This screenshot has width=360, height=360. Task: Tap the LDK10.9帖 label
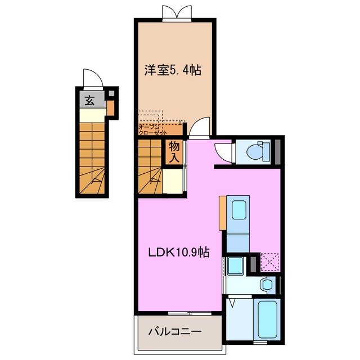(178, 253)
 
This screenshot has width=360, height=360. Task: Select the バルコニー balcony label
(174, 331)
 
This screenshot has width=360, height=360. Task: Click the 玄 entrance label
(89, 101)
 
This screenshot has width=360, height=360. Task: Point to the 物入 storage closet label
(174, 151)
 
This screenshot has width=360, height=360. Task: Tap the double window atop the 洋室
(173, 13)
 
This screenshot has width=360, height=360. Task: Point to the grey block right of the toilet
(277, 150)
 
